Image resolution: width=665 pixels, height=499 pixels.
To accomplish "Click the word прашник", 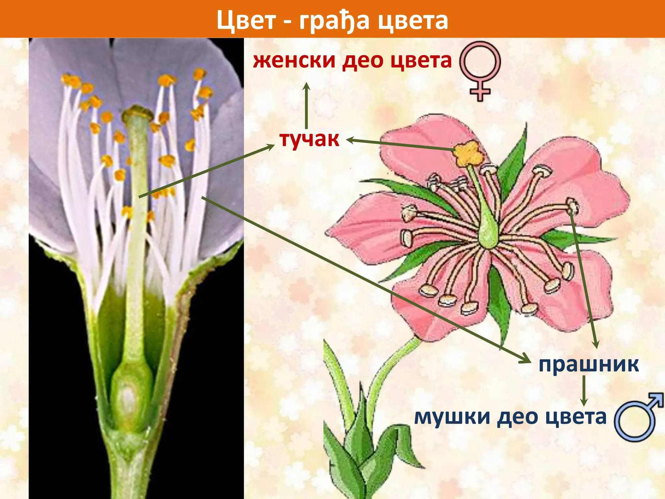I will click(588, 365).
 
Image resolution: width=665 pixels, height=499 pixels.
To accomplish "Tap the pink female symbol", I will click(480, 70).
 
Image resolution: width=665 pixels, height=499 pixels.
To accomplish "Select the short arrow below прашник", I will click(584, 390).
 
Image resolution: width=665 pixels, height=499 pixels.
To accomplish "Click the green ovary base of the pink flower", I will click(488, 232).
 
